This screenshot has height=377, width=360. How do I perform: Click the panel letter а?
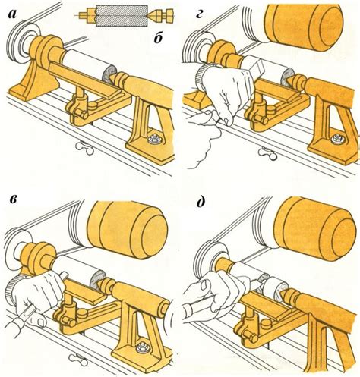click(13, 14)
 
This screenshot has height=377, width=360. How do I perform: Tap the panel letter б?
click(158, 39)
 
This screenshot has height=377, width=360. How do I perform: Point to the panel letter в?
click(13, 200)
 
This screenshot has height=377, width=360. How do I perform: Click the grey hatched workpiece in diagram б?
click(122, 15)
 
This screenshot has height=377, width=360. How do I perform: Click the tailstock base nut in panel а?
click(154, 139)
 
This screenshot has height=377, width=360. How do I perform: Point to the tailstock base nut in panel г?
click(336, 140)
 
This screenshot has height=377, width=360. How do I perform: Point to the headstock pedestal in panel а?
click(34, 78)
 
